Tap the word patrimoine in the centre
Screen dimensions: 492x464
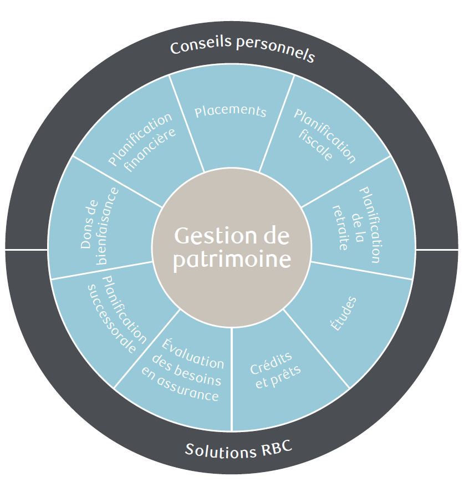pyautogui.click(x=231, y=260)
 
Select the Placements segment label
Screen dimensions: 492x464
pyautogui.click(x=231, y=110)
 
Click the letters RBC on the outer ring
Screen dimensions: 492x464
pyautogui.click(x=274, y=448)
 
